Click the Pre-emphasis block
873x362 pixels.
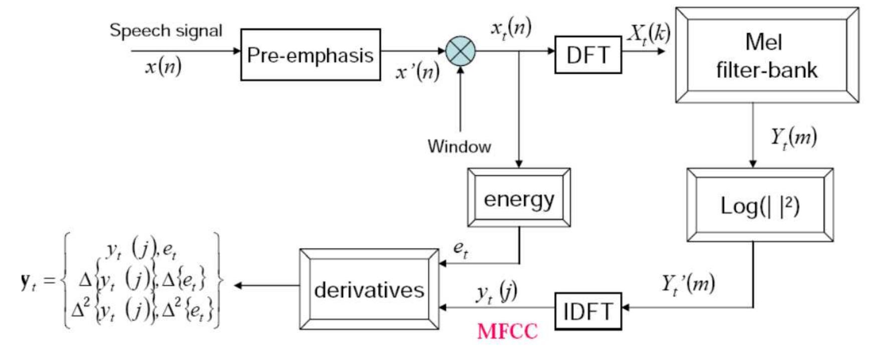pyautogui.click(x=310, y=55)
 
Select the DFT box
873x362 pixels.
pyautogui.click(x=588, y=55)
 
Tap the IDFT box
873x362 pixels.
pyautogui.click(x=588, y=311)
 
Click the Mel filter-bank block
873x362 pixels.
pyautogui.click(x=766, y=56)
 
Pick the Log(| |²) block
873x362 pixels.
pyautogui.click(x=760, y=205)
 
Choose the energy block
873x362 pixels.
pyautogui.click(x=519, y=198)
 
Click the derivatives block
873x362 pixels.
pyautogui.click(x=369, y=289)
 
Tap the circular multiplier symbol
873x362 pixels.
pyautogui.click(x=460, y=51)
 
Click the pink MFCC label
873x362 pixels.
pyautogui.click(x=507, y=331)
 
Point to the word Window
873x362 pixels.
pyautogui.click(x=459, y=146)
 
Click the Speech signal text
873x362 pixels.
pyautogui.click(x=166, y=31)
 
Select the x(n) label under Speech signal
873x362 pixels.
pyautogui.click(x=163, y=66)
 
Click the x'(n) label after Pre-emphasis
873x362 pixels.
pyautogui.click(x=417, y=72)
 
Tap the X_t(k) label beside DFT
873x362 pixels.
pyautogui.click(x=649, y=34)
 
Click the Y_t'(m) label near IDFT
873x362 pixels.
pyautogui.click(x=688, y=284)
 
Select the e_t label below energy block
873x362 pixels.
pyautogui.click(x=461, y=249)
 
